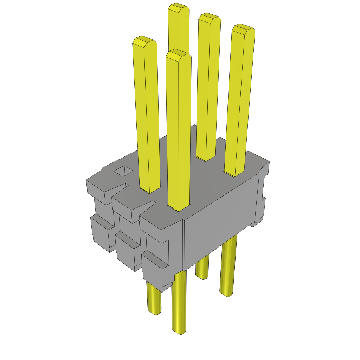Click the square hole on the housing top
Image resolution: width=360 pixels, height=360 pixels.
pyautogui.click(x=124, y=171)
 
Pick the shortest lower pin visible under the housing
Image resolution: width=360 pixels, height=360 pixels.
pyautogui.click(x=202, y=269)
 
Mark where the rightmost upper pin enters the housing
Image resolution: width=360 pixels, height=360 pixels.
pyautogui.click(x=234, y=173)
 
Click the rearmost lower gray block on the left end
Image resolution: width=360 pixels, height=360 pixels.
pyautogui.click(x=101, y=232)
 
